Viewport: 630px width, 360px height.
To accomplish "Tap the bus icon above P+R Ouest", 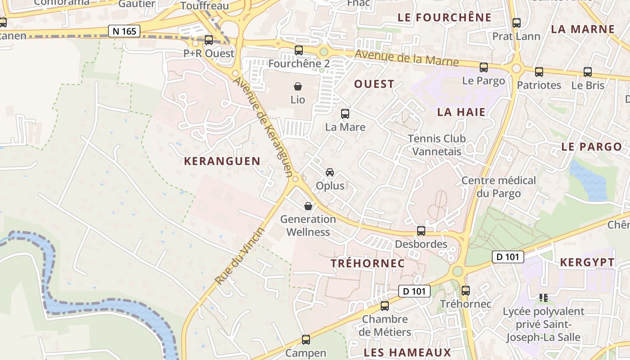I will click(x=208, y=40).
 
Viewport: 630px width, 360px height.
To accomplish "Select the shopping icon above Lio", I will click(x=297, y=86).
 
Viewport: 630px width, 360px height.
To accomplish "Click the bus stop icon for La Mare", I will click(x=345, y=114).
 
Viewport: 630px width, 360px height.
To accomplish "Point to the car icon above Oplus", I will click(x=330, y=172).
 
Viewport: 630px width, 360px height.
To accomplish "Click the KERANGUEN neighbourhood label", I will click(x=222, y=161).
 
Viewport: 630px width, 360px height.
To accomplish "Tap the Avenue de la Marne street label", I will click(x=406, y=58).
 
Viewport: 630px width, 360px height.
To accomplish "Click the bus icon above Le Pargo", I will click(x=484, y=67).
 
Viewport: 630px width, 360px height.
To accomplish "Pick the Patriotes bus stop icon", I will click(x=539, y=72).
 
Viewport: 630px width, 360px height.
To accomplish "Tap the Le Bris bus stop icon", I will click(x=588, y=72).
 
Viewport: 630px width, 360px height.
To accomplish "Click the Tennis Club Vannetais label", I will click(x=437, y=145).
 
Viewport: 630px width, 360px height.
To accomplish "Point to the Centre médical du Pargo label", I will click(x=499, y=187).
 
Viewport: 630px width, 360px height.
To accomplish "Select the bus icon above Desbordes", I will click(x=421, y=231).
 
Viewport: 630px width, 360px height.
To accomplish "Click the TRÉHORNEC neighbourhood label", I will click(x=368, y=264).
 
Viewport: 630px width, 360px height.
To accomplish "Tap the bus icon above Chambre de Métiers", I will click(x=385, y=306).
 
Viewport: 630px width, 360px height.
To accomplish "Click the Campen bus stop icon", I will click(x=306, y=340).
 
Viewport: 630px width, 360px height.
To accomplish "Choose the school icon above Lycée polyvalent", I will click(x=544, y=297).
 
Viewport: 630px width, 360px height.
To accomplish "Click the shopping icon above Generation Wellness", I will click(x=308, y=206).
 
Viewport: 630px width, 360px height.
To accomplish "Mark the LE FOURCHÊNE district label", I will click(x=445, y=18).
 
